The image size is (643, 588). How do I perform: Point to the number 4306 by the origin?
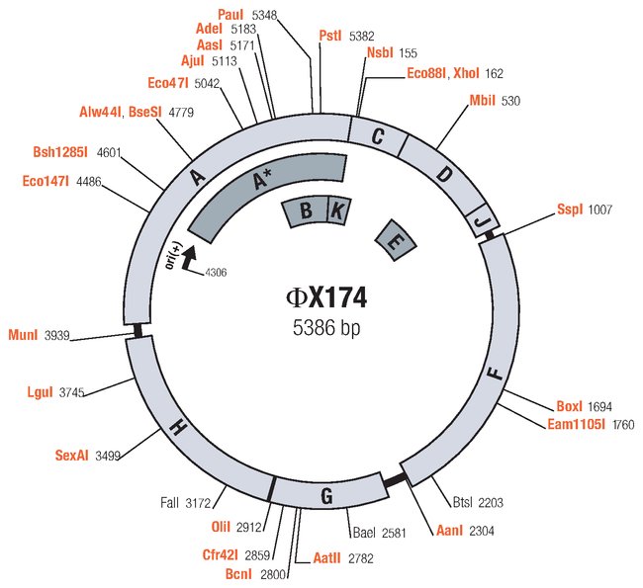point(216,273)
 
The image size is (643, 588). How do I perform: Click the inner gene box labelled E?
point(394,240)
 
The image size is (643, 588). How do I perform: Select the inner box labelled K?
point(337,210)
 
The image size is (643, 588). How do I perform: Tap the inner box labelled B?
point(307,210)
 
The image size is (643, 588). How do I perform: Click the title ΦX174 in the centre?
point(327,296)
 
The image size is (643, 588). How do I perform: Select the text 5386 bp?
point(327,328)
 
